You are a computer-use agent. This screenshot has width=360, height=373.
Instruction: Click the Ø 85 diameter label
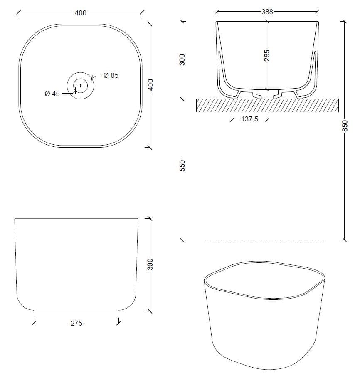click(111, 75)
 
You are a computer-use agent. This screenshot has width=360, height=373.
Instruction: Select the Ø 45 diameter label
click(52, 94)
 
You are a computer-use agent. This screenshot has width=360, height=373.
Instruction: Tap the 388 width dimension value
click(267, 12)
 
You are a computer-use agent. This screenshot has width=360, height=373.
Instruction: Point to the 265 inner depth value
click(267, 56)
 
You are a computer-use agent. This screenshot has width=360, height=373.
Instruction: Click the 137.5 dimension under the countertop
click(250, 119)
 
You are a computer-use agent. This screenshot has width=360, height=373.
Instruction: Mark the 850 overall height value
click(344, 126)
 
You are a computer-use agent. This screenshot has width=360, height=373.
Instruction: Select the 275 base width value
click(76, 323)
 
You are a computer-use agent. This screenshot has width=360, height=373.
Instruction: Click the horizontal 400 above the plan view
click(80, 13)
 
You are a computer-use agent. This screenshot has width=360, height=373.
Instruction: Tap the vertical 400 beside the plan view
click(150, 85)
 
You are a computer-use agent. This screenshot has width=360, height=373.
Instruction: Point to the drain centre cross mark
click(81, 86)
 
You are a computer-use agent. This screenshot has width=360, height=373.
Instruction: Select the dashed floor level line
click(264, 240)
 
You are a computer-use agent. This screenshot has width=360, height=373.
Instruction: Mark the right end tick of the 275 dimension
click(119, 321)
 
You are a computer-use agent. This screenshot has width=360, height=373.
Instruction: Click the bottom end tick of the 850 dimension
click(344, 239)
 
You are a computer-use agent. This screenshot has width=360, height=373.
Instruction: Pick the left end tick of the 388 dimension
click(217, 12)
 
